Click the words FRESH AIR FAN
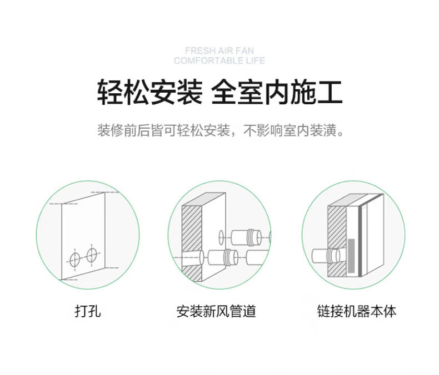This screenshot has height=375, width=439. pos(219,50)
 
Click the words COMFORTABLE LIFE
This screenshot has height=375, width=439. pos(219,60)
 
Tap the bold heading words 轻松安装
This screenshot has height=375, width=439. pos(149,93)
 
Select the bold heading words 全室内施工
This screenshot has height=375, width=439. pos(277,93)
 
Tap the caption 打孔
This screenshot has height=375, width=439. pos(88,311)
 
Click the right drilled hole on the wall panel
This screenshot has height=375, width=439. pos(91,255)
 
